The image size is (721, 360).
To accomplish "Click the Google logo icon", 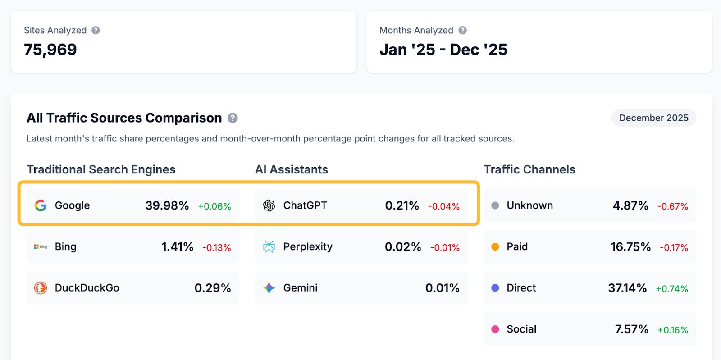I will (41, 205).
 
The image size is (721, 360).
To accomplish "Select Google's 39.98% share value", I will (167, 205).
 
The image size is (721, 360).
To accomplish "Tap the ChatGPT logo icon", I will (269, 205).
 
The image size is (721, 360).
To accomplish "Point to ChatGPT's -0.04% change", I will (444, 206).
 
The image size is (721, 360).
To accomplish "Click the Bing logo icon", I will (41, 246).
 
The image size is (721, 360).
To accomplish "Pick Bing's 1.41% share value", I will (177, 247).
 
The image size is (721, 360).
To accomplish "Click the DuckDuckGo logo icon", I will (41, 288).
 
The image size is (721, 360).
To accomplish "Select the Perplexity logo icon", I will (269, 246).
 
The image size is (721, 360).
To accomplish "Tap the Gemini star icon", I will (269, 288).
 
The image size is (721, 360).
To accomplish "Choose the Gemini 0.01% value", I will (442, 288).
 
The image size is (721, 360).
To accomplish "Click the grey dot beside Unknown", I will (495, 205).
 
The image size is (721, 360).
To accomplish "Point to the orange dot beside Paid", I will (495, 246).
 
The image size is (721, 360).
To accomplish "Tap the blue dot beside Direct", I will (495, 288).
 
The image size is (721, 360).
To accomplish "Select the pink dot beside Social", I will (495, 329).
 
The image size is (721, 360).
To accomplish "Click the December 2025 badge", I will (653, 118).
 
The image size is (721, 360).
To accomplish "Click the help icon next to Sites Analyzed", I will (96, 30).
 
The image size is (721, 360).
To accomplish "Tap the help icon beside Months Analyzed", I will (462, 30).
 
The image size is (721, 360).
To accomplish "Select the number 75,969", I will (50, 50).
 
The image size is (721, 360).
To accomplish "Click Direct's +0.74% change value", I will (671, 289).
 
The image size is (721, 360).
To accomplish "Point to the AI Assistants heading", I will (291, 169).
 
